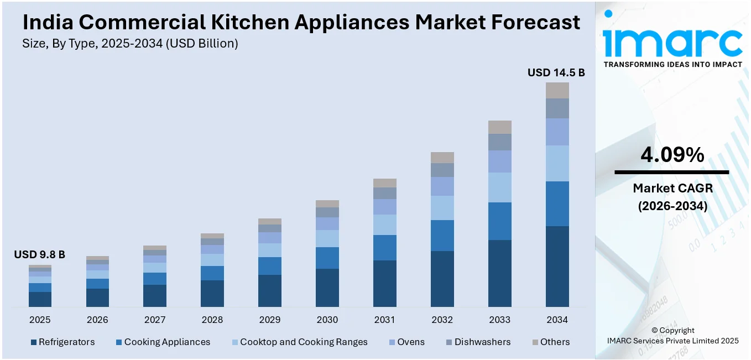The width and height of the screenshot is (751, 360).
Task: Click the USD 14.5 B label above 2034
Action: (556, 72)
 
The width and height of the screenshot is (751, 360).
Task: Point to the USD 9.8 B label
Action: (39, 254)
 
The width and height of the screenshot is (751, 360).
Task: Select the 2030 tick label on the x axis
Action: (327, 320)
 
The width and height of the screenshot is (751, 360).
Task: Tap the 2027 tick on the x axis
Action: (155, 320)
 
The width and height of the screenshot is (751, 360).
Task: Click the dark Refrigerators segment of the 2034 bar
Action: (557, 266)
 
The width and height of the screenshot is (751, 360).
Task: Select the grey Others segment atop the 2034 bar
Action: (557, 90)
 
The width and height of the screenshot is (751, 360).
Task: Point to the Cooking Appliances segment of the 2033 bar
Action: (500, 221)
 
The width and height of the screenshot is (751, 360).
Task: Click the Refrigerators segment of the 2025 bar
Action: (40, 299)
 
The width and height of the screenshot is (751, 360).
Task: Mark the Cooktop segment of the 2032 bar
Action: (442, 208)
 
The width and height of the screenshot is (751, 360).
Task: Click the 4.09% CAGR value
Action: (672, 155)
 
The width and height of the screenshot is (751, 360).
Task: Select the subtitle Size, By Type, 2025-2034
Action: (130, 44)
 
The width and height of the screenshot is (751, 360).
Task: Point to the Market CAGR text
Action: (672, 188)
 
